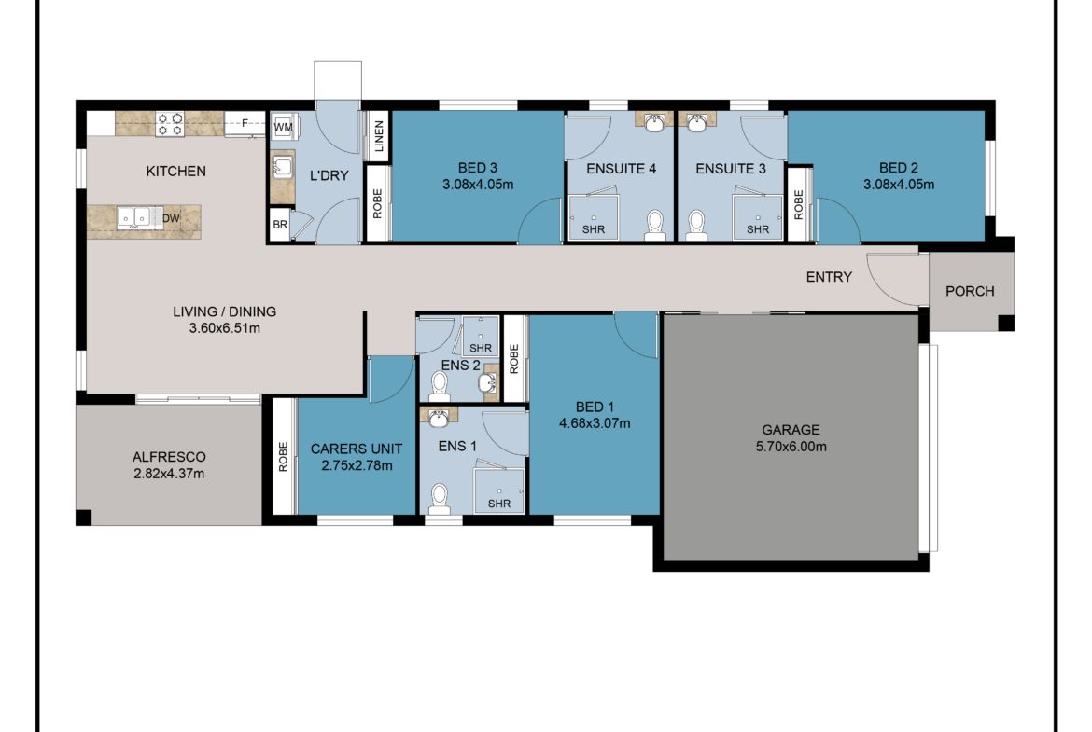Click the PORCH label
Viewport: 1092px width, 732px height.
point(970,291)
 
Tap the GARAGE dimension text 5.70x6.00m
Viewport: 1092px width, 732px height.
point(790,447)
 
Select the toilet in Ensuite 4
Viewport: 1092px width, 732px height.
point(655,223)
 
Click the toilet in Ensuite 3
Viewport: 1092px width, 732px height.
point(695,223)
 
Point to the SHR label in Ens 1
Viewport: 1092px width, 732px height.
point(498,504)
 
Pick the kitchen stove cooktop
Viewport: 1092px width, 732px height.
point(170,124)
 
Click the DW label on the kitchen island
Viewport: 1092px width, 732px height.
point(170,219)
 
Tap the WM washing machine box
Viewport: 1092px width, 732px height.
point(283,125)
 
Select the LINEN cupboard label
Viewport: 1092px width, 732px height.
point(378,136)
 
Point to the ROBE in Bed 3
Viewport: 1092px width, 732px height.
point(377,203)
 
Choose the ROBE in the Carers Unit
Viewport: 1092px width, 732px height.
point(283,456)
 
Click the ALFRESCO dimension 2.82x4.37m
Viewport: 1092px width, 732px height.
point(169,474)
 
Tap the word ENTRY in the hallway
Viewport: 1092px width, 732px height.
point(829,277)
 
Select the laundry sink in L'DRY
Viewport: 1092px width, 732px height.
point(281,168)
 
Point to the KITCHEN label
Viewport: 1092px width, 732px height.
point(175,172)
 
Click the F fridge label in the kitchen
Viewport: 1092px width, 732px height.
point(245,122)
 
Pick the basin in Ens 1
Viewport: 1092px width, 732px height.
point(438,417)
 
